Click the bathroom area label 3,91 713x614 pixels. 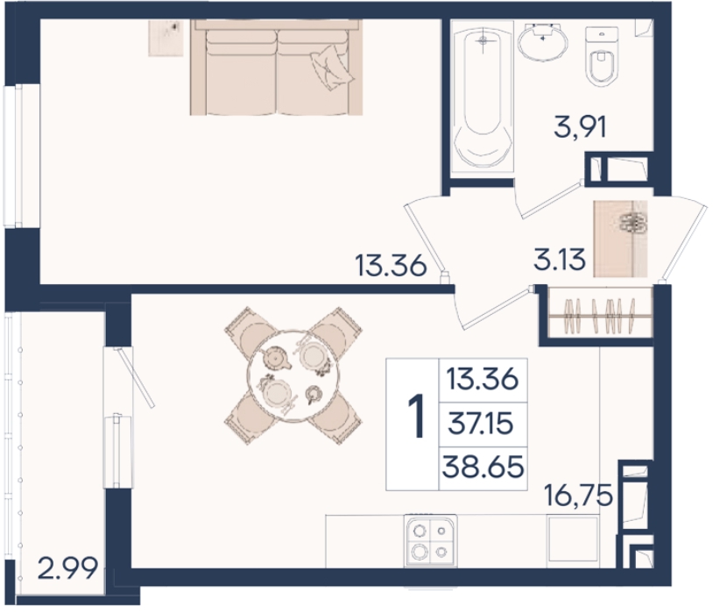click(x=580, y=127)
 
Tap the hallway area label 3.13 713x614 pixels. click(x=559, y=261)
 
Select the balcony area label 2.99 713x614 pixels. click(x=67, y=568)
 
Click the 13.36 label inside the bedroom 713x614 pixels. click(x=391, y=266)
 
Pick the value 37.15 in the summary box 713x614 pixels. click(x=481, y=424)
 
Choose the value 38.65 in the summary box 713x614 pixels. click(x=483, y=468)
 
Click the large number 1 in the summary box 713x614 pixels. click(x=416, y=417)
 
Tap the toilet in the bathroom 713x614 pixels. click(x=601, y=56)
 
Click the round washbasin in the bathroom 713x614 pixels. click(x=542, y=42)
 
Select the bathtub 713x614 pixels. click(x=483, y=96)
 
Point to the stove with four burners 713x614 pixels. click(x=430, y=541)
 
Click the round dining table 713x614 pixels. click(x=293, y=375)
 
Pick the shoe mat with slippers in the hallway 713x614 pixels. click(x=620, y=239)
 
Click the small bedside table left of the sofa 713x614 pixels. click(x=166, y=39)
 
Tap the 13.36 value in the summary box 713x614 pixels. click(x=483, y=380)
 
